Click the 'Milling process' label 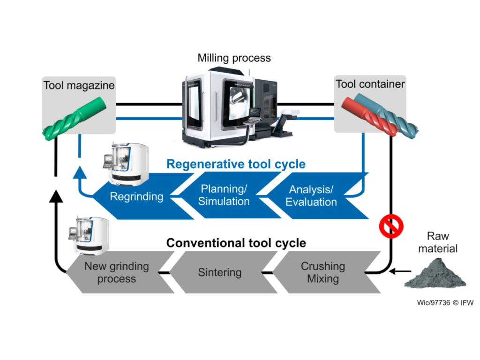[x=234, y=58]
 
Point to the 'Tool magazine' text [x=79, y=86]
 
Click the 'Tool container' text [x=370, y=84]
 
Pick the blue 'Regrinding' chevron [x=136, y=196]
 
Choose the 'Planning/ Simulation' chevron [x=224, y=195]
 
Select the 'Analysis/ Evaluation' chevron [x=311, y=196]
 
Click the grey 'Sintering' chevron [x=220, y=272]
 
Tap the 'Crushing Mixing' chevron [x=323, y=272]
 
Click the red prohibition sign [x=391, y=226]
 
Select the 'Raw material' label [x=438, y=242]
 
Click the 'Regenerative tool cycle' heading [x=236, y=164]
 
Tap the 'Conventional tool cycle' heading [x=236, y=243]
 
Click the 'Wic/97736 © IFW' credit [x=445, y=303]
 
